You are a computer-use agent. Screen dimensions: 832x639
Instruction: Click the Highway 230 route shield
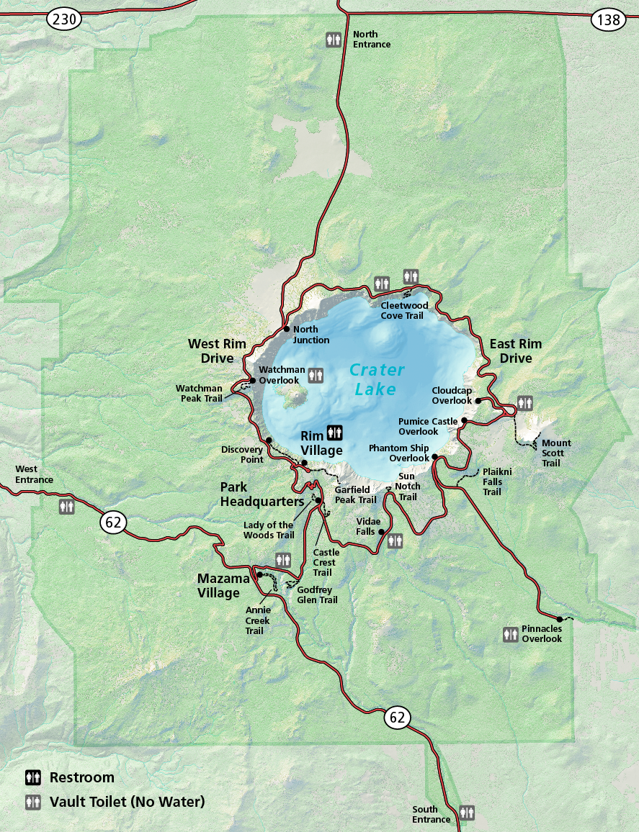pyautogui.click(x=64, y=19)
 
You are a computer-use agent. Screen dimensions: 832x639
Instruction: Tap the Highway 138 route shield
pyautogui.click(x=609, y=19)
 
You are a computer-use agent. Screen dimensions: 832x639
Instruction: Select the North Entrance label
pyautogui.click(x=371, y=40)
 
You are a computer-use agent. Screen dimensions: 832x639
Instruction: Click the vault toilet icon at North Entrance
pyautogui.click(x=333, y=40)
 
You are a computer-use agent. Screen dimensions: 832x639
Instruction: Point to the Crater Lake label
pyautogui.click(x=376, y=379)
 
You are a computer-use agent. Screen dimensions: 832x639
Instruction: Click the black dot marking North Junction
pyautogui.click(x=287, y=330)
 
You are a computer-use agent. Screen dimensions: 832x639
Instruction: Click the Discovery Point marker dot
pyautogui.click(x=269, y=440)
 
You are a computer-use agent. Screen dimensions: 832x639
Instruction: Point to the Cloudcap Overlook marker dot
pyautogui.click(x=478, y=400)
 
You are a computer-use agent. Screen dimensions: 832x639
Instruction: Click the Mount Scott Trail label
pyautogui.click(x=556, y=453)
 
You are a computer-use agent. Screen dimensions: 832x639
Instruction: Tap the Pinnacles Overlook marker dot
pyautogui.click(x=560, y=619)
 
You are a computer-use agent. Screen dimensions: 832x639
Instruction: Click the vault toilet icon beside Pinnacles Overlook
pyautogui.click(x=511, y=634)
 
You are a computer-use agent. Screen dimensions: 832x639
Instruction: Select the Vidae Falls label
pyautogui.click(x=366, y=526)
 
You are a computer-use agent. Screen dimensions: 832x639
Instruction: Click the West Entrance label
pyautogui.click(x=35, y=474)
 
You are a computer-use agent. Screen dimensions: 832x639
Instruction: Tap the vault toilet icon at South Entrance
pyautogui.click(x=467, y=813)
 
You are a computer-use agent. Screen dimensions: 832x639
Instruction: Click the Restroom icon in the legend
pyautogui.click(x=33, y=777)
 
